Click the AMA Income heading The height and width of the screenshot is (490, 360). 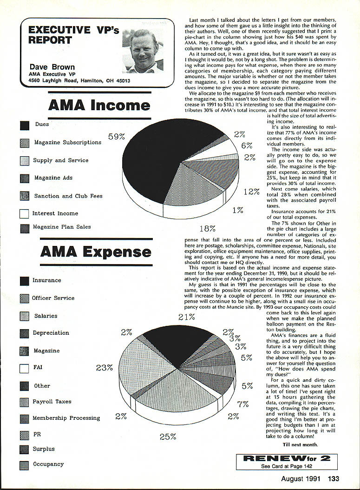tap(99, 105)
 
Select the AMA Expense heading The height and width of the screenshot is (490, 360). tap(95, 252)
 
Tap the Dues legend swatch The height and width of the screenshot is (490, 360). tap(25, 126)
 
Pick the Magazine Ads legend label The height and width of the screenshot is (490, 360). tap(53, 178)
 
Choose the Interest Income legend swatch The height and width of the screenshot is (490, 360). tap(25, 214)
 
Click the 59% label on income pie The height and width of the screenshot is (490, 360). tap(117, 137)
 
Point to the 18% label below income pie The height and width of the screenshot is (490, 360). tap(207, 228)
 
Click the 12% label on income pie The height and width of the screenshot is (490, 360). tap(251, 192)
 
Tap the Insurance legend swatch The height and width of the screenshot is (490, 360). tap(25, 281)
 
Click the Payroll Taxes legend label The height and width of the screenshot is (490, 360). tap(52, 401)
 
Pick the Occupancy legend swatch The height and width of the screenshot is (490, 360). tap(25, 465)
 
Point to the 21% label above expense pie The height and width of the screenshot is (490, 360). tap(186, 317)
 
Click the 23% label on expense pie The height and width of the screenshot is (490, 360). tap(105, 367)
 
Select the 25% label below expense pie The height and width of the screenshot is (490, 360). tap(168, 437)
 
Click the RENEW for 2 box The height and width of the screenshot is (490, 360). tap(287, 462)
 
